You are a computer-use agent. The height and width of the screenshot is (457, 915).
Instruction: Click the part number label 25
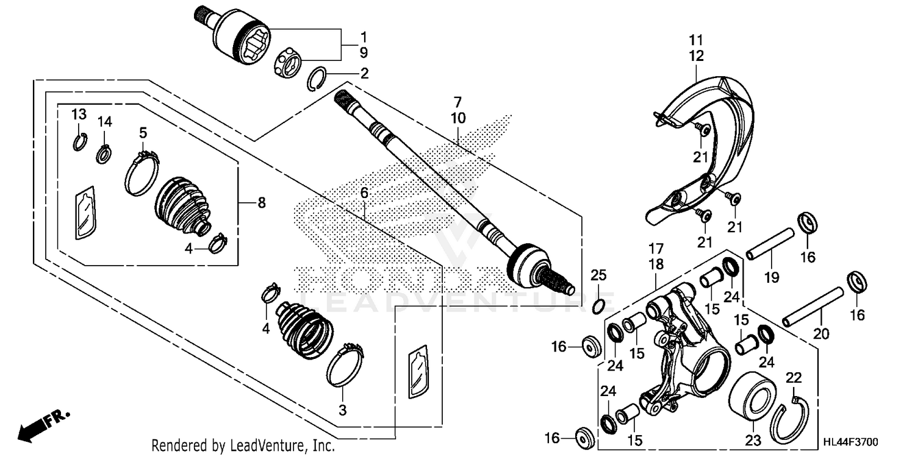[x=598, y=275]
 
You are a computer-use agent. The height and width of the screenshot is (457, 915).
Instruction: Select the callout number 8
[x=262, y=203]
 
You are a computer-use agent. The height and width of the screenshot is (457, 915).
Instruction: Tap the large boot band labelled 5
[x=142, y=173]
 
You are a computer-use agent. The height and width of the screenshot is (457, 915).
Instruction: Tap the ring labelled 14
[x=104, y=152]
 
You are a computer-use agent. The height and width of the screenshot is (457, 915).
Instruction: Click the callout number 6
[x=364, y=193]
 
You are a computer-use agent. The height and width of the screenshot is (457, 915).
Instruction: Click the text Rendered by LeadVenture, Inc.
[x=243, y=445]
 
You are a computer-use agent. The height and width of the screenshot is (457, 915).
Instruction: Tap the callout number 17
[x=656, y=249]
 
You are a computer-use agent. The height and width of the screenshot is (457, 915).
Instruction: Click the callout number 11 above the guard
[x=697, y=41]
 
